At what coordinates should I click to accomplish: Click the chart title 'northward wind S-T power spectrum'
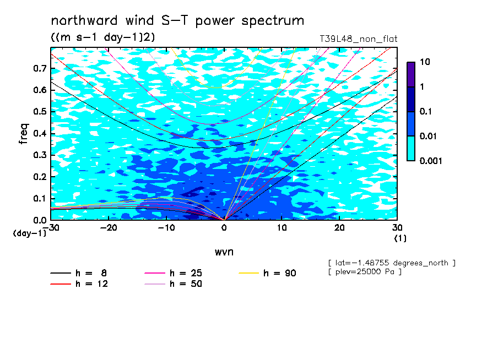tap(177, 21)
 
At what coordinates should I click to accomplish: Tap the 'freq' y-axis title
tap(24, 134)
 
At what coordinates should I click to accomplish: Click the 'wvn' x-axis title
tap(224, 252)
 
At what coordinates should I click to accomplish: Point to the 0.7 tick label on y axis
tap(40, 68)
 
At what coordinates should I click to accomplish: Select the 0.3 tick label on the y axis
tap(40, 155)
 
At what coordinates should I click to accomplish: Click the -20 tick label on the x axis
tap(109, 228)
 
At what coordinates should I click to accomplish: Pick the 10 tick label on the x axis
tap(282, 228)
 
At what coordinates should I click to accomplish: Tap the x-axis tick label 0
tap(224, 228)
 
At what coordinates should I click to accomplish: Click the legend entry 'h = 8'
tap(78, 273)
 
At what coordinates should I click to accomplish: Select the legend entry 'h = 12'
tap(79, 283)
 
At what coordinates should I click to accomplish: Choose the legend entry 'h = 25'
tap(173, 273)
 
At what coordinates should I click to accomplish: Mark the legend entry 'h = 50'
tap(173, 283)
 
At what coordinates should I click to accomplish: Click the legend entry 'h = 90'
tap(267, 273)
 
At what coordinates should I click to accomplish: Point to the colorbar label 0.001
tap(431, 161)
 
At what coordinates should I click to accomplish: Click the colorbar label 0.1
tap(426, 111)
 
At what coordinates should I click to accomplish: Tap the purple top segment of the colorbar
tap(411, 74)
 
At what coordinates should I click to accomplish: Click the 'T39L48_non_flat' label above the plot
tap(358, 39)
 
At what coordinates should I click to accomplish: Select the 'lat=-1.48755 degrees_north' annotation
tap(392, 263)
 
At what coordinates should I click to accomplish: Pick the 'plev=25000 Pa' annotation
tap(365, 272)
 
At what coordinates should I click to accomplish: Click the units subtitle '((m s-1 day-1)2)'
tap(103, 37)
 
